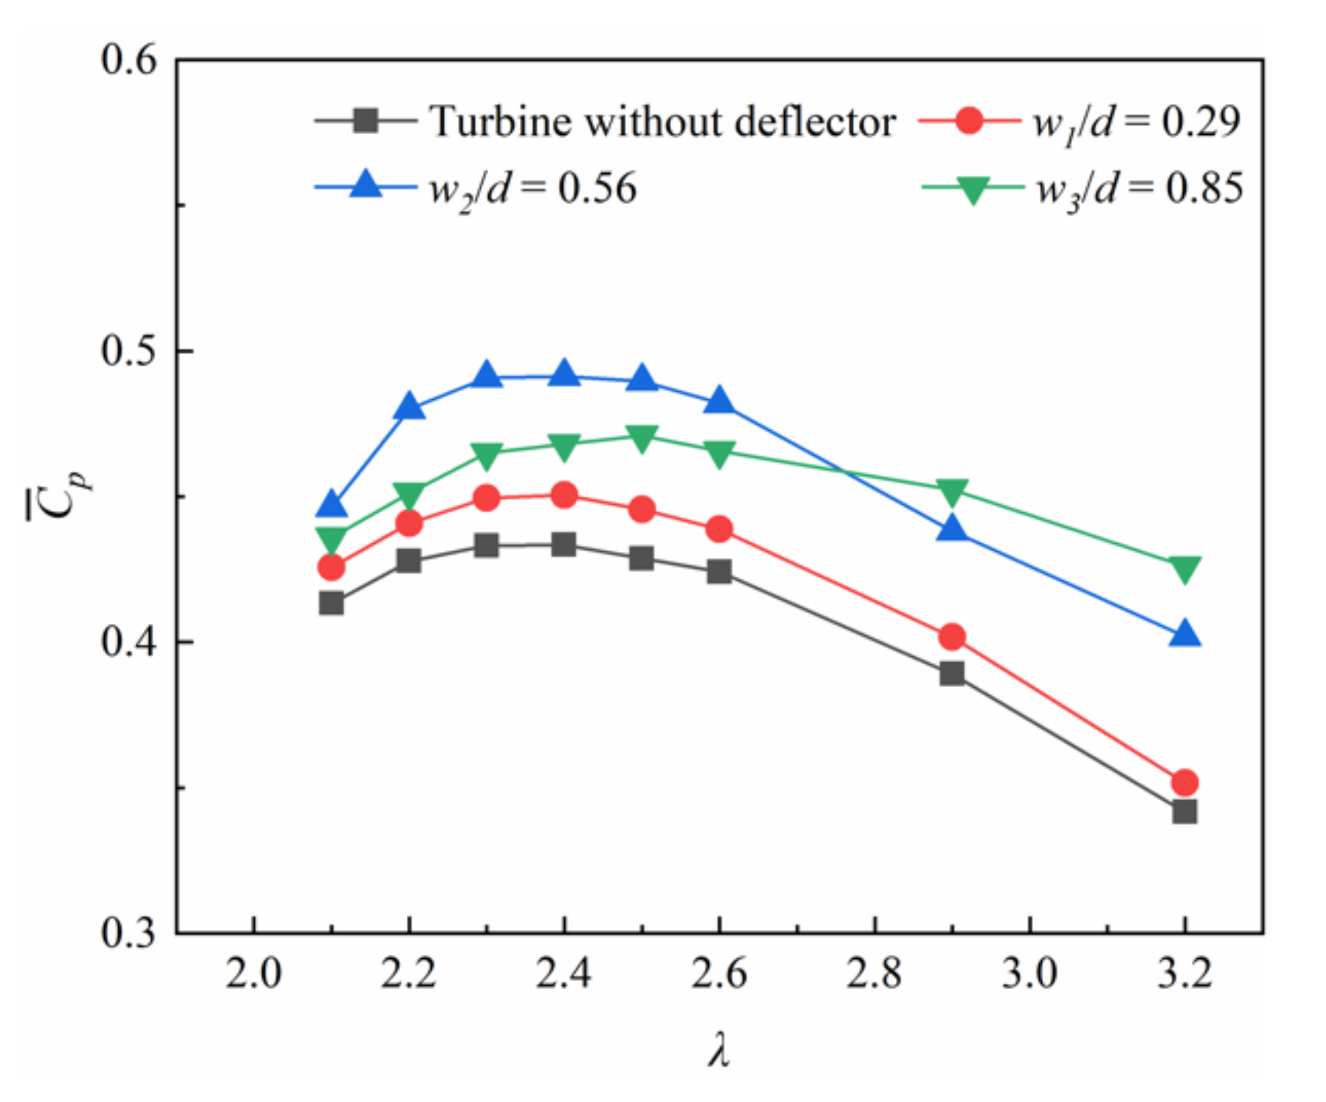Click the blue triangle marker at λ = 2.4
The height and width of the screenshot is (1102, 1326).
point(564,373)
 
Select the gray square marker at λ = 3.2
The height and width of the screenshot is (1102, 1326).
point(1184,811)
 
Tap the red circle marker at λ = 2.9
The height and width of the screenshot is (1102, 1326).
point(952,637)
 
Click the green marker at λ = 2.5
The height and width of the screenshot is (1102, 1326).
point(641,438)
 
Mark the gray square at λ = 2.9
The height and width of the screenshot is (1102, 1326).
point(952,673)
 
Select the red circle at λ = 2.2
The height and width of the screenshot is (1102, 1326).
point(408,523)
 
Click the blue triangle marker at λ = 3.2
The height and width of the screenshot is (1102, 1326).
point(1184,633)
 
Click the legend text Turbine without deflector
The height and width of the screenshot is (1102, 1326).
point(661,121)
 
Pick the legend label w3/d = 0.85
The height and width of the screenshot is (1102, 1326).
point(1138,189)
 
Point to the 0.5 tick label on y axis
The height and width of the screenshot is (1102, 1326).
point(129,351)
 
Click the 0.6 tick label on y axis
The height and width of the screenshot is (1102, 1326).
point(129,60)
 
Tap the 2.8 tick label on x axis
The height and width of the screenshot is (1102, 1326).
point(873,974)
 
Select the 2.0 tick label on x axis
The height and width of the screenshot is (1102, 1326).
point(254,974)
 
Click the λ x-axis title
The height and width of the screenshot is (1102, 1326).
point(719,1049)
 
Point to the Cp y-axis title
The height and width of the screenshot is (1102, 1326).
point(60,493)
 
